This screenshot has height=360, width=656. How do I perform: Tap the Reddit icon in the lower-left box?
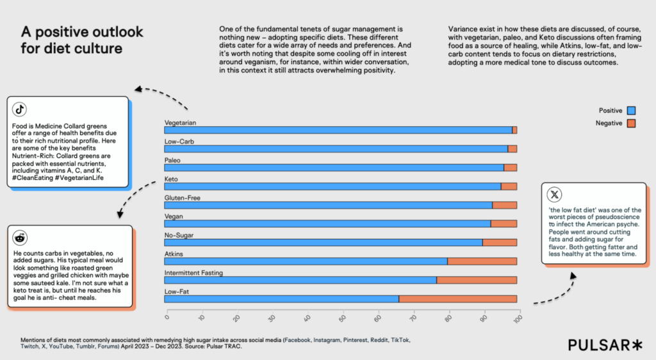pos(20,238)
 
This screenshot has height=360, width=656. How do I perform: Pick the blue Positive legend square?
pos(632,111)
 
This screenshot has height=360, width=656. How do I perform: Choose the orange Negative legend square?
pos(632,122)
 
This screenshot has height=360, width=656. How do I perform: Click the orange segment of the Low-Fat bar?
pos(457,299)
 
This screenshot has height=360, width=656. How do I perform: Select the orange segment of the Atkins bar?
pos(482,261)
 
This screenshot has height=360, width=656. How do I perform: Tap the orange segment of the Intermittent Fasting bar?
pos(477,280)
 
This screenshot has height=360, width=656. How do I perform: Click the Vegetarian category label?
pos(180,122)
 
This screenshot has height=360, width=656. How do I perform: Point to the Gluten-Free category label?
pos(182,198)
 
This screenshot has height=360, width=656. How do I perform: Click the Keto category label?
pos(171,179)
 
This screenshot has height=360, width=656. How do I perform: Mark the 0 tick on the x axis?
pos(167,315)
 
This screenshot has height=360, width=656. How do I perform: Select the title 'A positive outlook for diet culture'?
pos(82,40)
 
